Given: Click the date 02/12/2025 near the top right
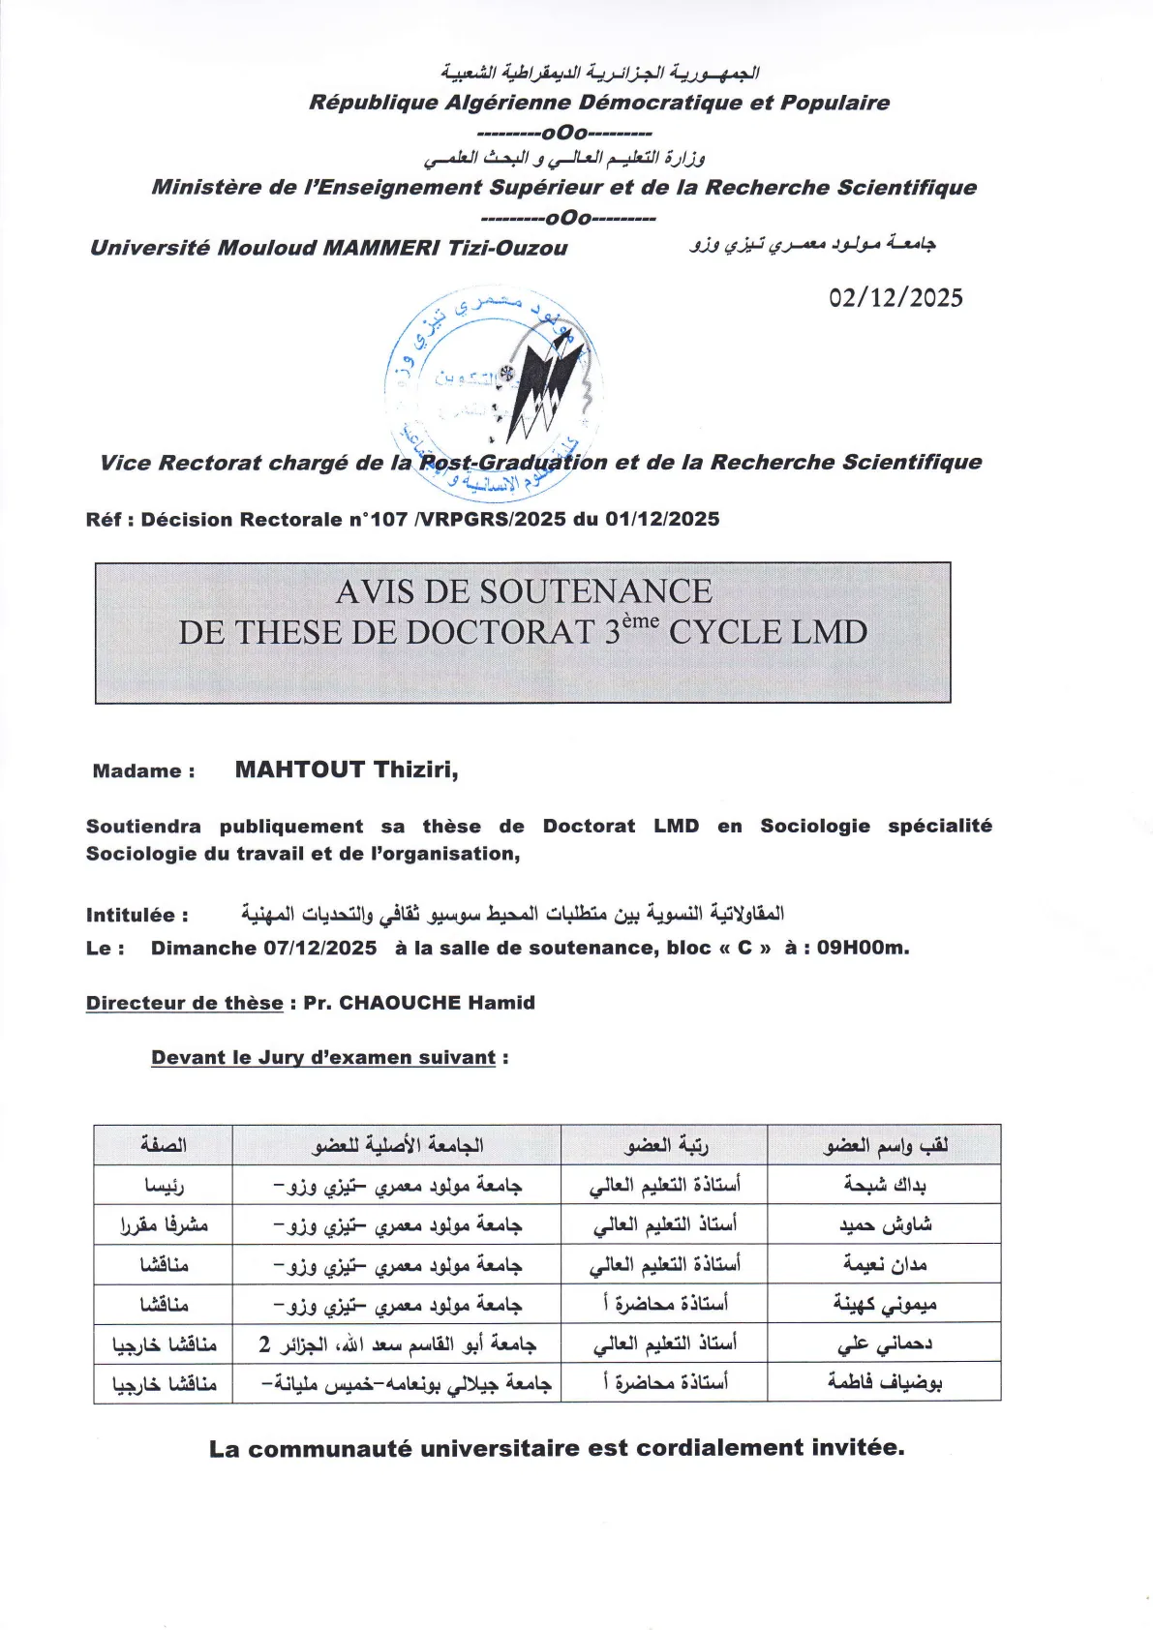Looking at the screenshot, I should click(895, 298).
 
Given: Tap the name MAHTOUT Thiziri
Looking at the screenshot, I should click(346, 770).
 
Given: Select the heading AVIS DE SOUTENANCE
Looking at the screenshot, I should click(524, 591).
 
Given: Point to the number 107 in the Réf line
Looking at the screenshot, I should click(388, 520).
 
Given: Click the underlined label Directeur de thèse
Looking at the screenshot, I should click(185, 1003).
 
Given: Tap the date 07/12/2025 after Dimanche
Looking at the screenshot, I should click(320, 948).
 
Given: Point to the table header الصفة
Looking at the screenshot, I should click(164, 1145).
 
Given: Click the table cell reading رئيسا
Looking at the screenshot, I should click(165, 1185).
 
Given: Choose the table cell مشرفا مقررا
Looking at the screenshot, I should click(165, 1224).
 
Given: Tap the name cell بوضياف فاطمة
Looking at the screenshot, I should click(885, 1382).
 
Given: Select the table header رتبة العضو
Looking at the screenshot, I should click(666, 1145).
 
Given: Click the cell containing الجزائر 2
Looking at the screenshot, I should click(397, 1343).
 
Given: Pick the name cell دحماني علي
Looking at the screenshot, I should click(885, 1343).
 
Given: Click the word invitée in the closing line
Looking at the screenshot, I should click(856, 1448).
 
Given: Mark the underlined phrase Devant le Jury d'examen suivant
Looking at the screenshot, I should click(323, 1058).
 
